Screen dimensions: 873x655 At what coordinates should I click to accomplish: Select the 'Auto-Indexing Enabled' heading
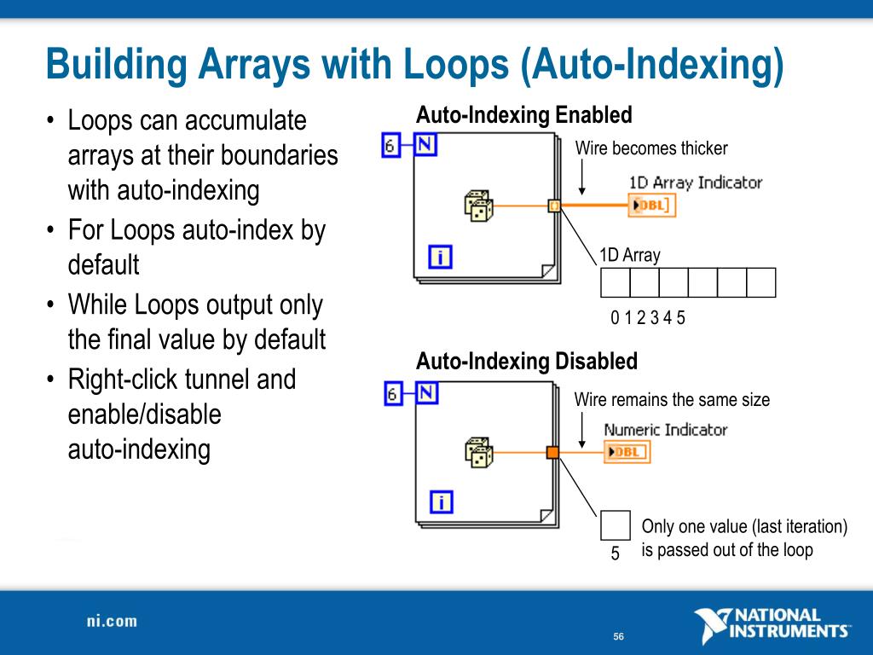pos(523,115)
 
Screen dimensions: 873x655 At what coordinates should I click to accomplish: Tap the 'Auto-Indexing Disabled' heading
pos(526,362)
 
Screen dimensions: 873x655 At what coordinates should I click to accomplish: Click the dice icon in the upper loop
pos(478,205)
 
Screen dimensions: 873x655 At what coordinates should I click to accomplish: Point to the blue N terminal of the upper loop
pos(425,145)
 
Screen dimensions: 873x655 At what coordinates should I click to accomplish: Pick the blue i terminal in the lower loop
pos(440,503)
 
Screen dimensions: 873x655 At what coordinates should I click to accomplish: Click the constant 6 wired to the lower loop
pos(390,393)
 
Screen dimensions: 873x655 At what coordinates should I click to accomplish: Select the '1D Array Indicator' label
pos(695,183)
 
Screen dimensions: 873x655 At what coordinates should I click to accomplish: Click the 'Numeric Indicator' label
pos(665,430)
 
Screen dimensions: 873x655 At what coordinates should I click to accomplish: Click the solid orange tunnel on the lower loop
pos(552,452)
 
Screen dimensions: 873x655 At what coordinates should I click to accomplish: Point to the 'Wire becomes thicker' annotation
pos(651,148)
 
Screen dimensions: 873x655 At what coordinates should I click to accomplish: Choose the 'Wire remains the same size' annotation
pos(672,399)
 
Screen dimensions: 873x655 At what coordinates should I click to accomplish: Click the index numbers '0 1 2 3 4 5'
pos(648,318)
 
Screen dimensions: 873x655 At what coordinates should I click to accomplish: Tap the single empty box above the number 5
pos(616,525)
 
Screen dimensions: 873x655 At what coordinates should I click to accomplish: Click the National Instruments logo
pos(771,624)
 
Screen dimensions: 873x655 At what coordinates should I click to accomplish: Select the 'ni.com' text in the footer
pos(112,621)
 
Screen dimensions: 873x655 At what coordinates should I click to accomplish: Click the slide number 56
pos(618,638)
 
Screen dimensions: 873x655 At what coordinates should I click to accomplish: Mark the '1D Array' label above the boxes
pos(629,255)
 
